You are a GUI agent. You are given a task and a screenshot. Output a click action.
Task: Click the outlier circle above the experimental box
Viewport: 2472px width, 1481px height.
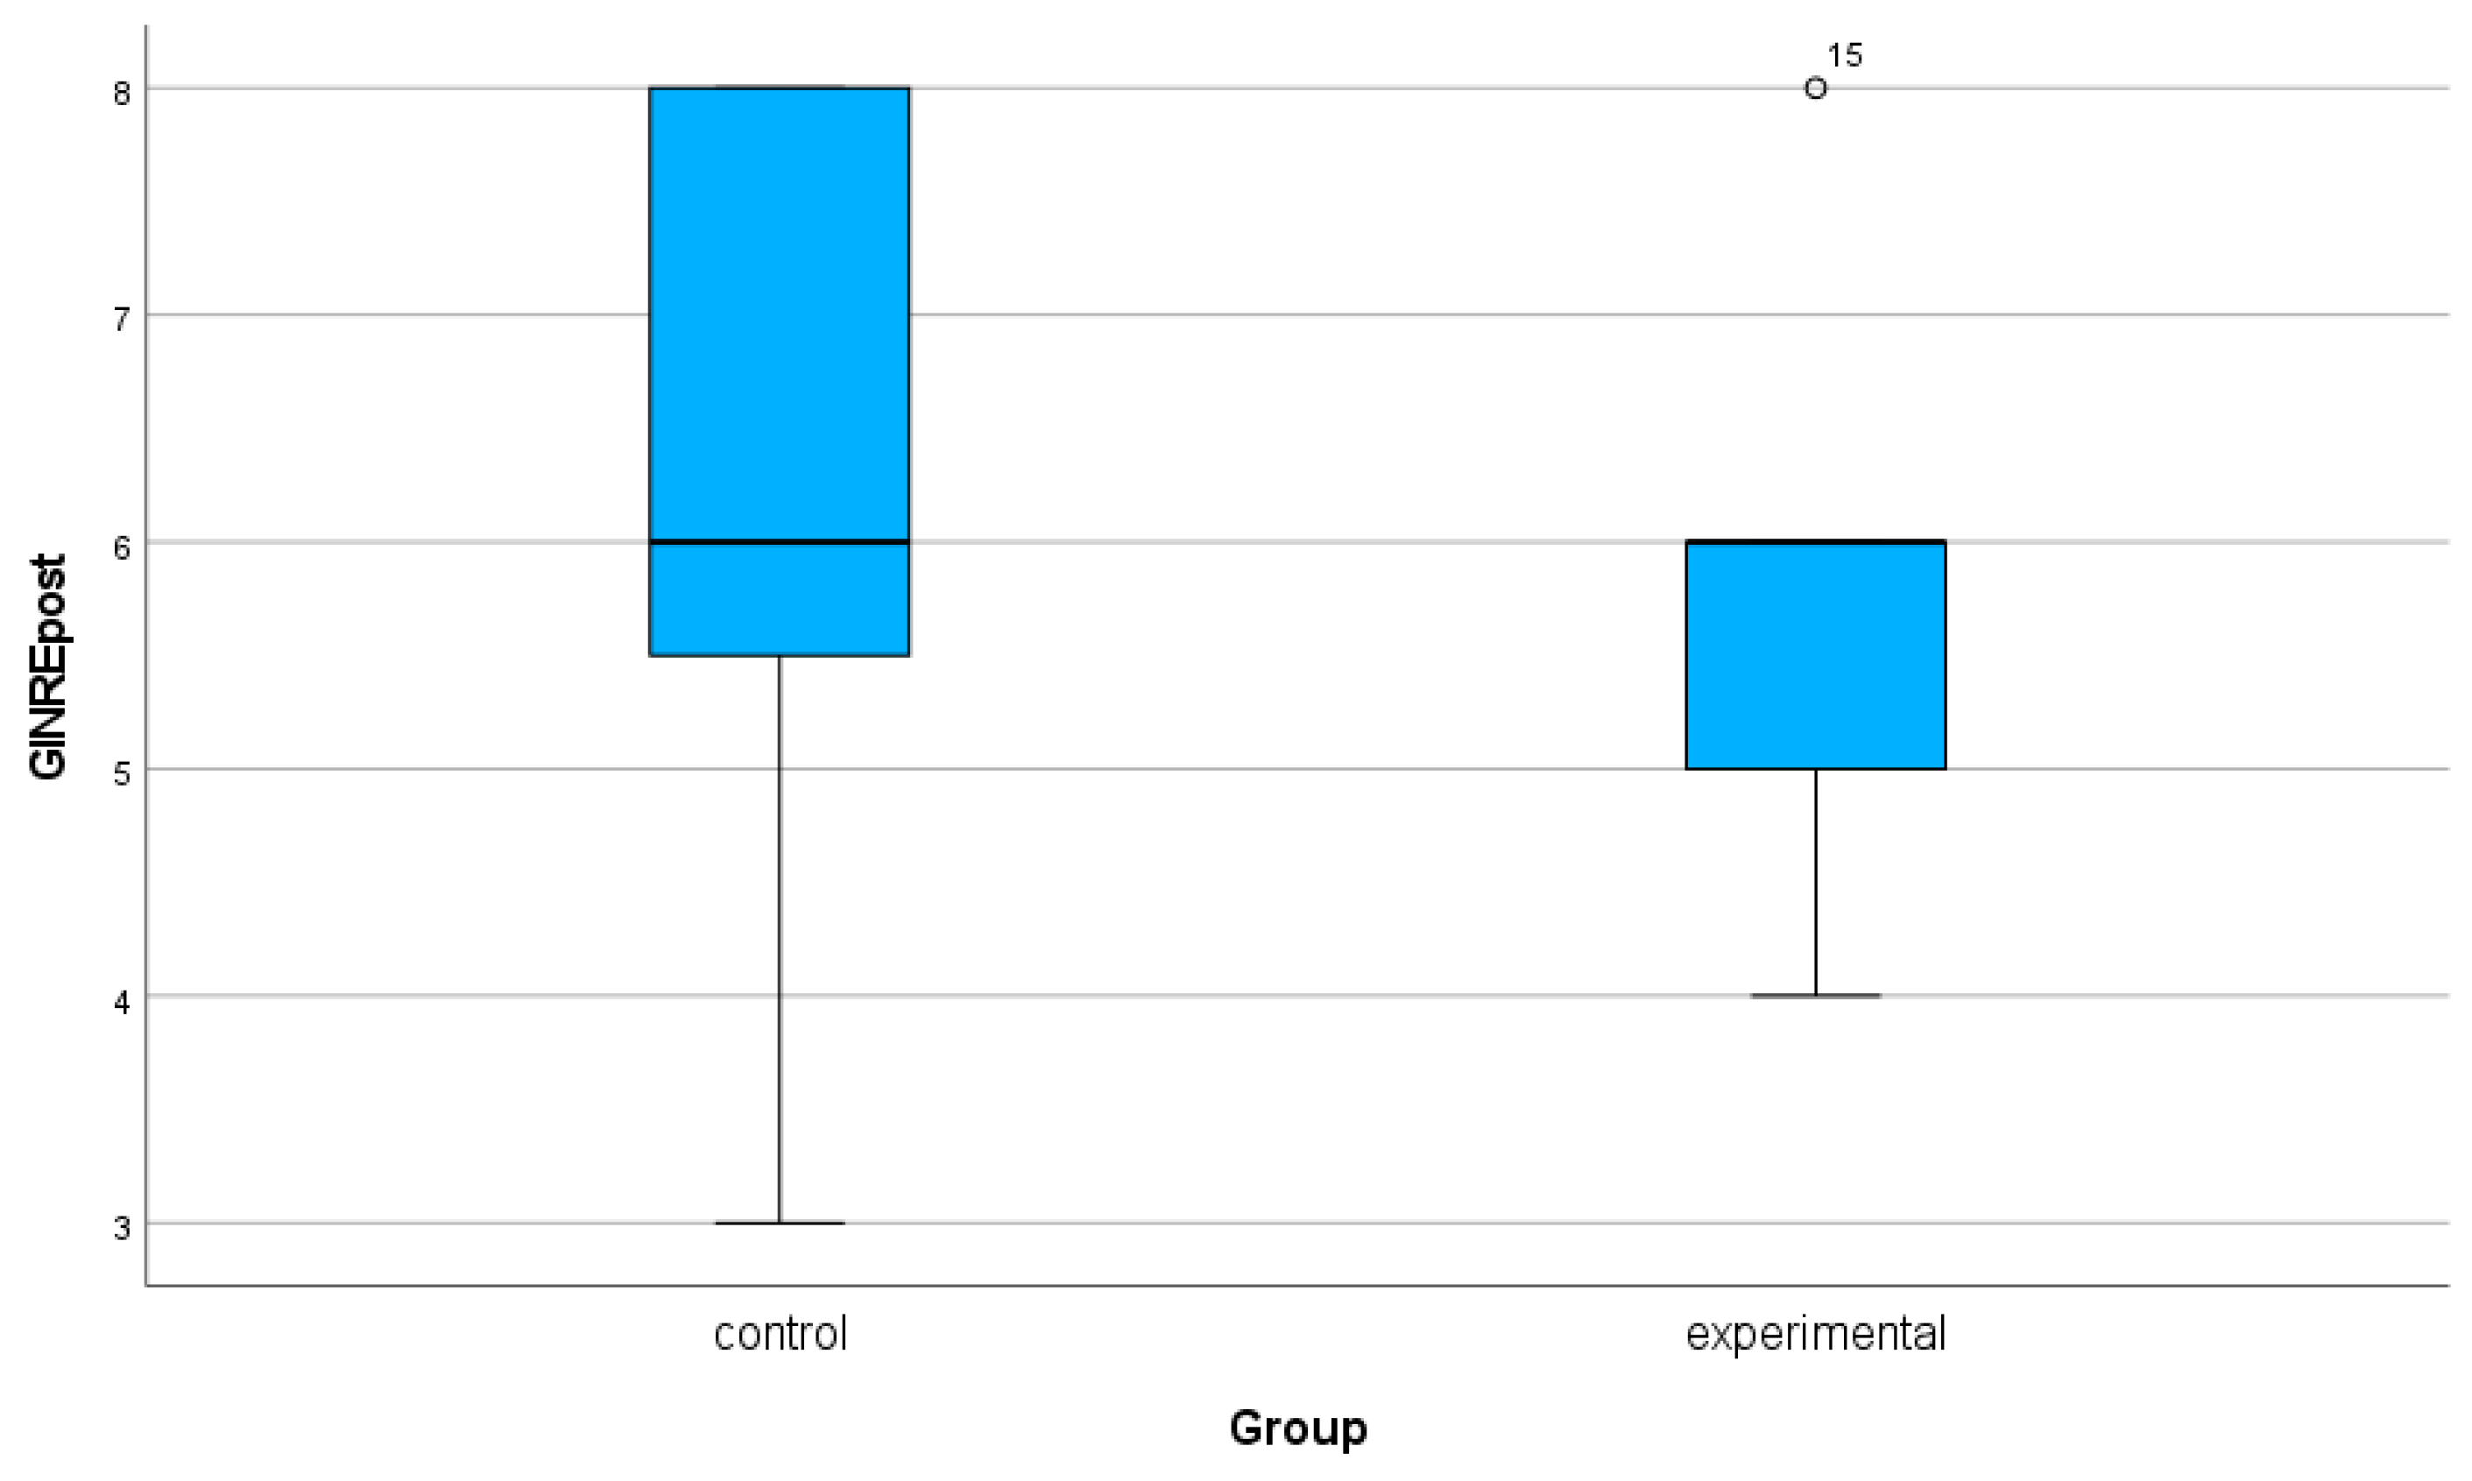1814,88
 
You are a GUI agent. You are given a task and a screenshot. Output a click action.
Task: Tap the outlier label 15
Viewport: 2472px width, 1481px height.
1843,56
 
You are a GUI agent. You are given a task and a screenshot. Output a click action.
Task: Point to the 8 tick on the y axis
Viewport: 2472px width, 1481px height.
122,94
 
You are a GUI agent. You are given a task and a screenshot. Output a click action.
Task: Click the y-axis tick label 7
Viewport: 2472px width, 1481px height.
122,321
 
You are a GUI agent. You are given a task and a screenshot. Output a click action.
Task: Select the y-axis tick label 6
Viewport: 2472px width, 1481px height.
122,547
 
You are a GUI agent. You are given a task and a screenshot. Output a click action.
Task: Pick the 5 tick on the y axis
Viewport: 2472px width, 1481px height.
122,774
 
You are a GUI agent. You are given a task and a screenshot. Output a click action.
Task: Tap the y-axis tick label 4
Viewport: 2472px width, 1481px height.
122,1001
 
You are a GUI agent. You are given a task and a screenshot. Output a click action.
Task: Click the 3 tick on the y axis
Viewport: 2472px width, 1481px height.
122,1228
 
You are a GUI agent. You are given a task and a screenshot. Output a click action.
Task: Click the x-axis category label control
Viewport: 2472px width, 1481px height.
780,1333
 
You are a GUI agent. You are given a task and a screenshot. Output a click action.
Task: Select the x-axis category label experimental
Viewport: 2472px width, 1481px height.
1814,1333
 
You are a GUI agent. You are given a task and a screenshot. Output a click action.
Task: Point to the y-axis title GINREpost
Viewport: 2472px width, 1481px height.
48,666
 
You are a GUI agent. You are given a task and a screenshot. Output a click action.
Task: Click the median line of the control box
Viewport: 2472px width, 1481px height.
779,542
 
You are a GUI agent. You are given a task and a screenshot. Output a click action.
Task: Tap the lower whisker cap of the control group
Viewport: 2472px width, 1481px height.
780,1223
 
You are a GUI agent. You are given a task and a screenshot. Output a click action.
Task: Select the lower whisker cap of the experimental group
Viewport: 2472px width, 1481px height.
1814,996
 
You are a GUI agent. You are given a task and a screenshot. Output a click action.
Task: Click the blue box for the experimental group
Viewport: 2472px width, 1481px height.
1814,655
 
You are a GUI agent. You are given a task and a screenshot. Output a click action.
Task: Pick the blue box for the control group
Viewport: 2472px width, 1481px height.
779,320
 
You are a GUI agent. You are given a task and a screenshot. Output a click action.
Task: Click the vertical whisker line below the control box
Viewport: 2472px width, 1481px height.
780,938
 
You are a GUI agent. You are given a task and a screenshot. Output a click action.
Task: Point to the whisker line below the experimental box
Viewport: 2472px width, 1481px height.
1814,883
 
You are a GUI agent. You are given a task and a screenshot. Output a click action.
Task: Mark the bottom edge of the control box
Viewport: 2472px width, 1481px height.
779,656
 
